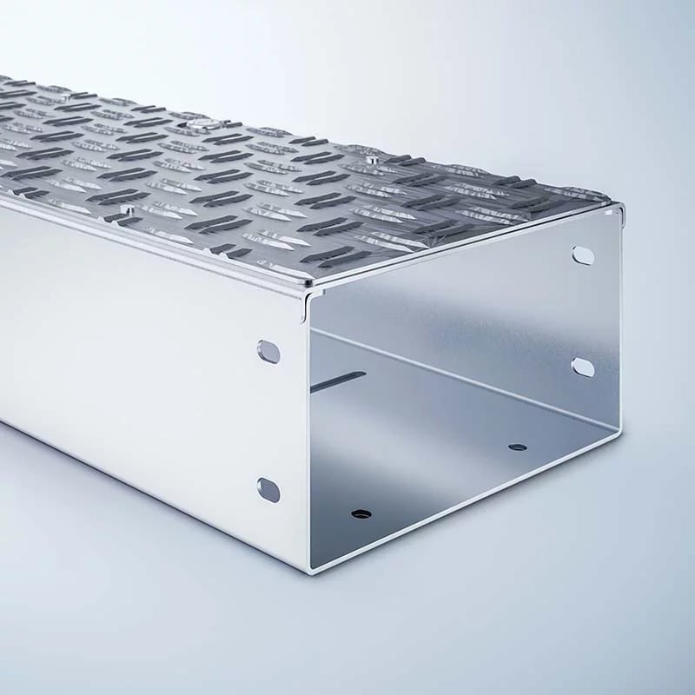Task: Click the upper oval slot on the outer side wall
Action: [x=269, y=352]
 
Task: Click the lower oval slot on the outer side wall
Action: [x=268, y=490]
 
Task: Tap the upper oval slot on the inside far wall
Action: [x=583, y=255]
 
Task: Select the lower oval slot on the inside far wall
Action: [x=583, y=367]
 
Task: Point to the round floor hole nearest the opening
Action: [x=361, y=513]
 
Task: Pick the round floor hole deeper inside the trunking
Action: [x=518, y=447]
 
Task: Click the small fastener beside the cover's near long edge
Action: [x=127, y=209]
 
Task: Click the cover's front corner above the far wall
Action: [x=622, y=206]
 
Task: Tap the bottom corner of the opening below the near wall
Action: [x=311, y=570]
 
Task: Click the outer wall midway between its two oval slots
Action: [x=269, y=421]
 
